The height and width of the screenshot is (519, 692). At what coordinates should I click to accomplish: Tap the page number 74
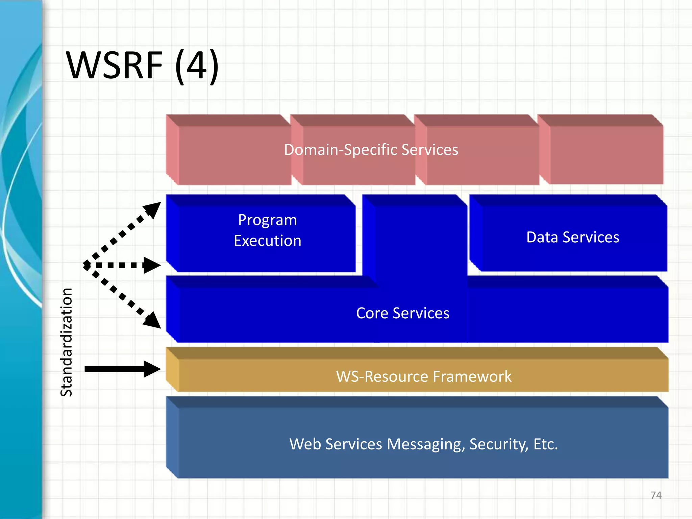coord(656,495)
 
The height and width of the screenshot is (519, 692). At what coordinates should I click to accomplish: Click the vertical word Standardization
coord(67,342)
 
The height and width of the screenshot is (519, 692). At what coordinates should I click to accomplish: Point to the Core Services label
coord(402,313)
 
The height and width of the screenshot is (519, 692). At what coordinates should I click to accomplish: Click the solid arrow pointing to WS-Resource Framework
coord(122,369)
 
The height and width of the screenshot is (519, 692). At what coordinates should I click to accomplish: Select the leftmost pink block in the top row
coord(233,155)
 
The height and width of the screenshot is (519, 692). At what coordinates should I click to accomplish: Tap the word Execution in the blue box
coord(267,241)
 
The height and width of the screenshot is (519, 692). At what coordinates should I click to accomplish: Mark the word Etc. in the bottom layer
coord(545,444)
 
